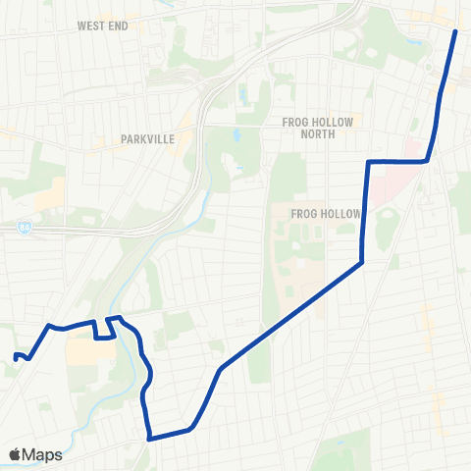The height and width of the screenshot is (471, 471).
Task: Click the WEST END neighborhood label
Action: coord(103,26)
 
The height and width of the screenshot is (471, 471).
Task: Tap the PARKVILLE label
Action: coord(148,139)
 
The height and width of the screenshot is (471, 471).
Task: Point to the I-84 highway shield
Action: coord(23,228)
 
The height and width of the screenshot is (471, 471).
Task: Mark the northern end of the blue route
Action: coord(456,31)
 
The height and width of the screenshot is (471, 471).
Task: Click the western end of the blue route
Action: coord(16,355)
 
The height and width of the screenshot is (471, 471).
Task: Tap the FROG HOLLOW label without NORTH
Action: coord(327,214)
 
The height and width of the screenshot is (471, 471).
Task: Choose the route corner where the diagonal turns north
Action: coord(362,262)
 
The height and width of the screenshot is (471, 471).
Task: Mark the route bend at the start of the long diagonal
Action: coord(222,369)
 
